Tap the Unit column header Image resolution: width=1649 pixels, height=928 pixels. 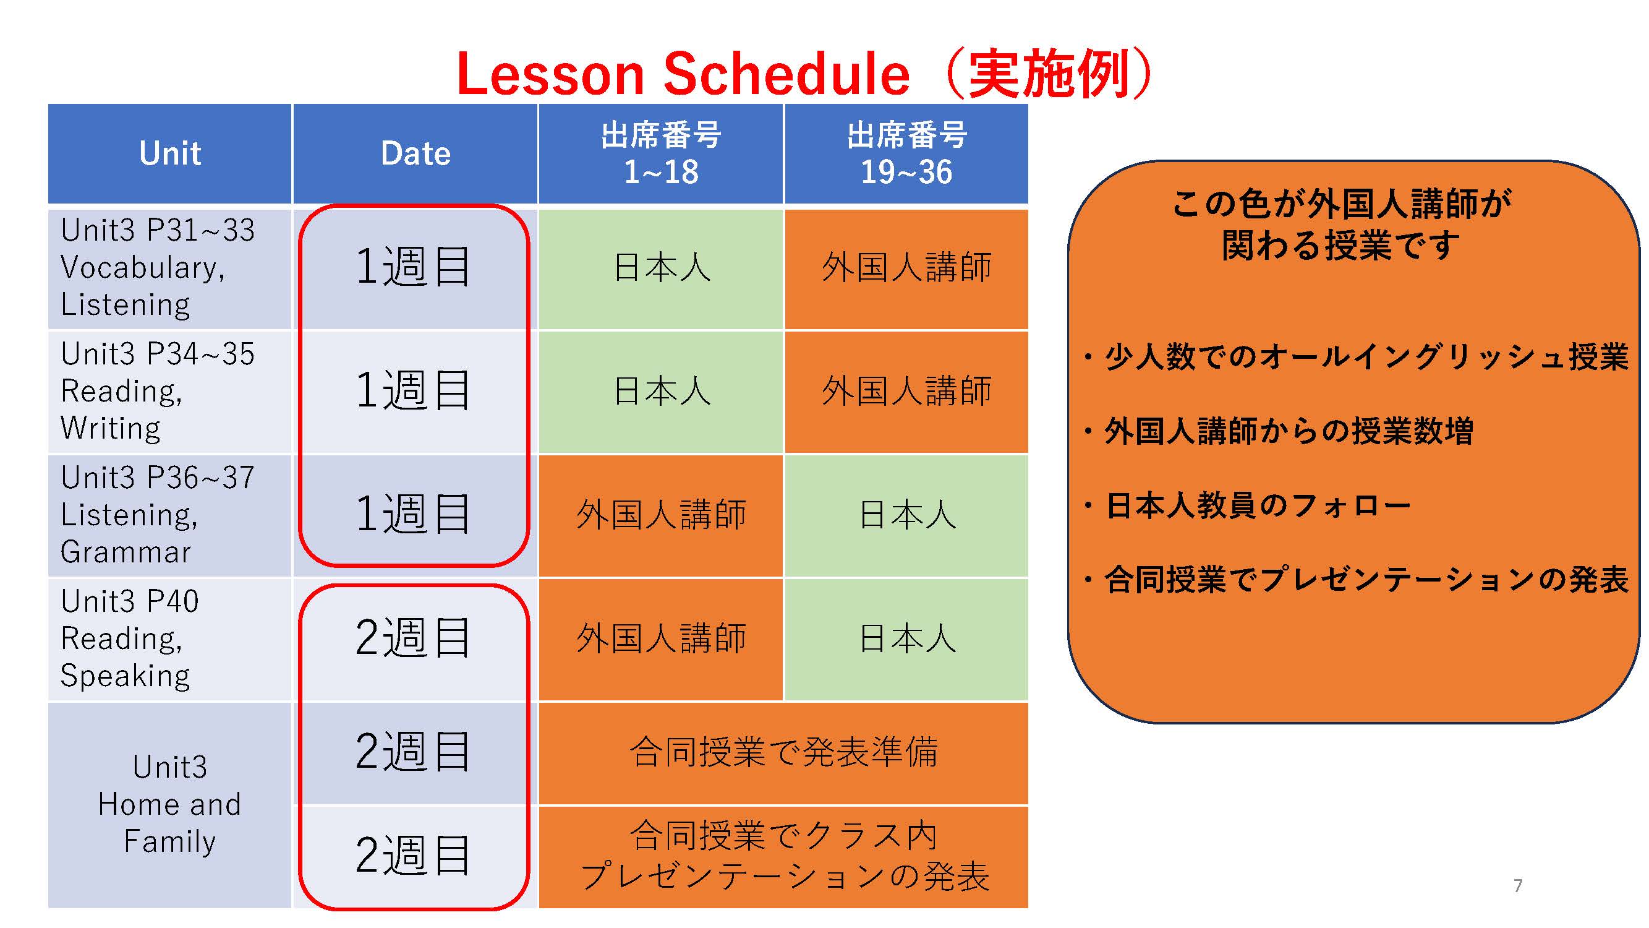point(170,153)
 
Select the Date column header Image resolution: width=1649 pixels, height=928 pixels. point(415,153)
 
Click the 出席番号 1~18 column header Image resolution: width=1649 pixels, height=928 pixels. point(661,153)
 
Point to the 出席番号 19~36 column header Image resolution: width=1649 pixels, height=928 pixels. point(906,153)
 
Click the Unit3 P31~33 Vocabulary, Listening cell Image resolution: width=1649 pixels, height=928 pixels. point(170,268)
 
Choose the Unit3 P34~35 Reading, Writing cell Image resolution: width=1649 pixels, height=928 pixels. point(170,392)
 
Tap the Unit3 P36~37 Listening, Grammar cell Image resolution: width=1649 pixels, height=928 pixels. point(170,515)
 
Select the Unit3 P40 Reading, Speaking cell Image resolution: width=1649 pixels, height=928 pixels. point(170,638)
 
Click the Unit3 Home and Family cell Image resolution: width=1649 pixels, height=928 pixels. point(170,804)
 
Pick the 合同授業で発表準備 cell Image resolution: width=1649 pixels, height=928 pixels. point(783,752)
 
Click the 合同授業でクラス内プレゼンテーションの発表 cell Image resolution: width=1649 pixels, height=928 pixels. point(783,857)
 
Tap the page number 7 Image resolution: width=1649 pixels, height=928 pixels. point(1518,886)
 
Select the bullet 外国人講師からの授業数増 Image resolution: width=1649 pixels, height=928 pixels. point(1279,431)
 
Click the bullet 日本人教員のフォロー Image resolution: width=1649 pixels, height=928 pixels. point(1247,505)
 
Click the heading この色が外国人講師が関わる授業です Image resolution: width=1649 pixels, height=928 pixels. point(1342,225)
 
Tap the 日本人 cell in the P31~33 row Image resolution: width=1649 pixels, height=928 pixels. point(661,268)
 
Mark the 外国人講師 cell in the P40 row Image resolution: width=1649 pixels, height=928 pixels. point(661,638)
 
